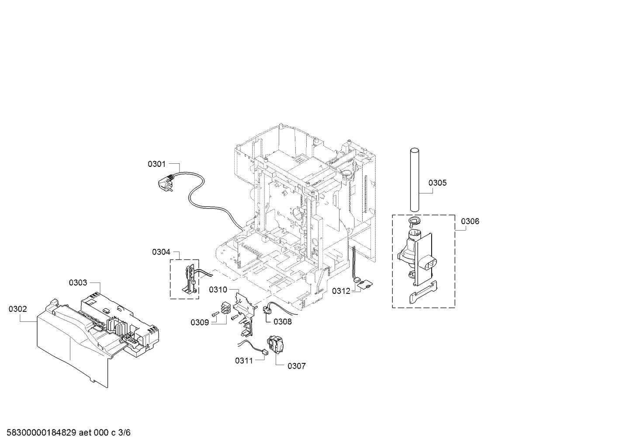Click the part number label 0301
(x=157, y=164)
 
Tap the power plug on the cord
(x=165, y=183)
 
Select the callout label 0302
(x=18, y=309)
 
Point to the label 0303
(x=78, y=283)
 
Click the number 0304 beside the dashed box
(x=161, y=252)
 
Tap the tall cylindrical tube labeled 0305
(x=414, y=179)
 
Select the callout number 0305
(x=437, y=183)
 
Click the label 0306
(x=470, y=221)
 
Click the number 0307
(x=297, y=366)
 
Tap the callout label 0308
(x=283, y=321)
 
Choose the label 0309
(x=200, y=322)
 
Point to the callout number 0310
(x=218, y=290)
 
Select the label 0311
(x=244, y=361)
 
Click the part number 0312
(x=341, y=291)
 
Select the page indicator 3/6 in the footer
(x=125, y=433)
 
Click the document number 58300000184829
(x=42, y=433)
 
